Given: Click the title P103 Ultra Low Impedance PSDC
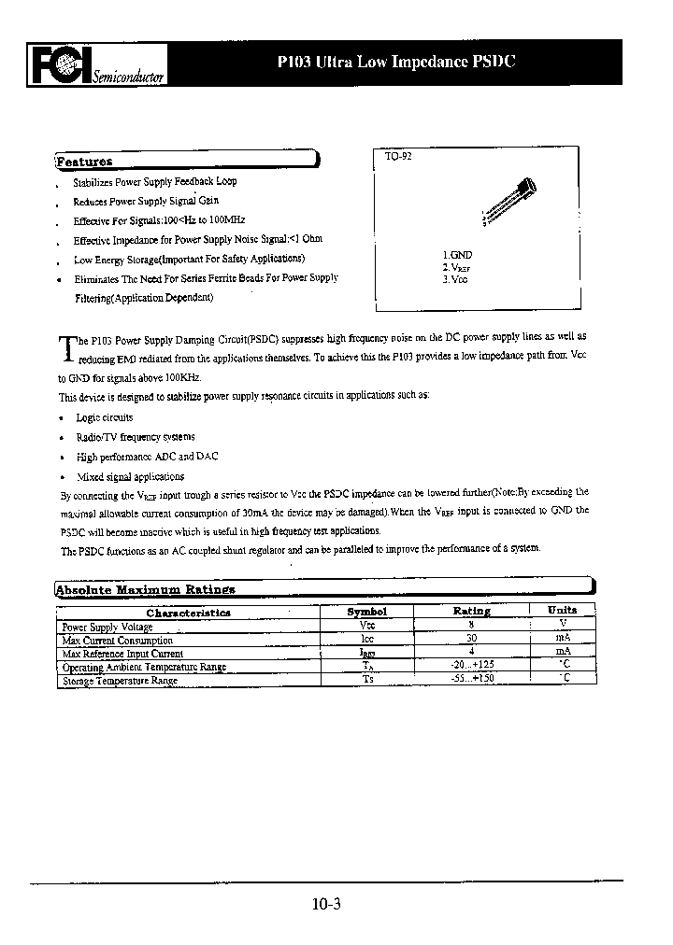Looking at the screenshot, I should pos(396,63).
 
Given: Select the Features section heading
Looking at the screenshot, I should pos(85,161).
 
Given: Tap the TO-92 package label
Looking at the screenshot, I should pos(398,157).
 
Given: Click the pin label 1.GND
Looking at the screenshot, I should pos(457,254).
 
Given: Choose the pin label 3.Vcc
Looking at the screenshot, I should pos(455,279).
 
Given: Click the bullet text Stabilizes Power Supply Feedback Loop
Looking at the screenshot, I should pos(155,183).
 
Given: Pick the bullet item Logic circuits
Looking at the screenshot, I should pos(104,417).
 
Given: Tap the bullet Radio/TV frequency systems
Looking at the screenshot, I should pos(136,437).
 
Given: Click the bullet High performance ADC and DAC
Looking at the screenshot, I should pos(147,457).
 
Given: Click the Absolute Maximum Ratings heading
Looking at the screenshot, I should pos(145,589).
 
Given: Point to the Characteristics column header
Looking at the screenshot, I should pos(188,613).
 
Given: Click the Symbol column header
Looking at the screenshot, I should pos(366,612).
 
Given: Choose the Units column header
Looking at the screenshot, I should pos(562,610).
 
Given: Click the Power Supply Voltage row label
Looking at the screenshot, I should pos(107,628).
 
